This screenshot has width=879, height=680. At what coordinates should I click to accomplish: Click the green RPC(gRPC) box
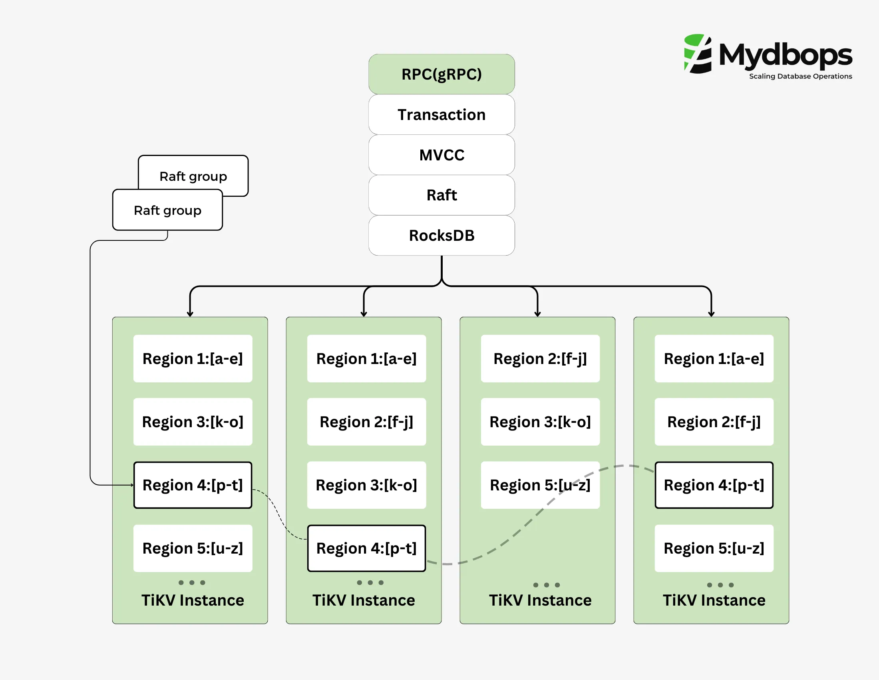(x=441, y=74)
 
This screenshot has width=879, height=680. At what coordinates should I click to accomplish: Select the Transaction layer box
(x=441, y=114)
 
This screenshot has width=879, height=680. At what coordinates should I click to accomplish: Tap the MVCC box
(x=441, y=155)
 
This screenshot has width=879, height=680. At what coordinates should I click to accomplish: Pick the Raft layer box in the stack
(x=441, y=195)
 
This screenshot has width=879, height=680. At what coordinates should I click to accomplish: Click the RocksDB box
(x=441, y=235)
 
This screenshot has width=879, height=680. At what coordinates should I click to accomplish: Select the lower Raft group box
(x=167, y=210)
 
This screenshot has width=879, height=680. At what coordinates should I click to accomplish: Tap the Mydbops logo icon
(x=698, y=54)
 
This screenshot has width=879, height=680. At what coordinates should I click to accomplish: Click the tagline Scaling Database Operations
(x=800, y=76)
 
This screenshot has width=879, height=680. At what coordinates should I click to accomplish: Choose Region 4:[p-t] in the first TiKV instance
(x=193, y=485)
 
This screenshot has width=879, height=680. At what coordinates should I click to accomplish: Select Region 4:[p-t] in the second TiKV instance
(x=366, y=548)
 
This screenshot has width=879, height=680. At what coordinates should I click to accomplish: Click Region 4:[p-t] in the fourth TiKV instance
(x=714, y=485)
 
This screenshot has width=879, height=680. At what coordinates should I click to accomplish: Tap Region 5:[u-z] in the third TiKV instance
(x=540, y=485)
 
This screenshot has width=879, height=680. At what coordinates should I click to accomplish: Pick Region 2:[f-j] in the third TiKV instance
(x=540, y=358)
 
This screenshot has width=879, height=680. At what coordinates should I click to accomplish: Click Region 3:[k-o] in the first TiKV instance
(x=193, y=422)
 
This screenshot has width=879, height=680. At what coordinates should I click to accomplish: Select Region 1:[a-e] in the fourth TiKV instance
(x=714, y=358)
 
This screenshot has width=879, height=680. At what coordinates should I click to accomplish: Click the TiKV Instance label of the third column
(x=540, y=600)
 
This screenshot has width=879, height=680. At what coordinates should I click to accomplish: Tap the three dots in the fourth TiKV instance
(x=720, y=585)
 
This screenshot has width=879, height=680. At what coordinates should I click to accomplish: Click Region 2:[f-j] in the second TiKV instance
(x=366, y=422)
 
